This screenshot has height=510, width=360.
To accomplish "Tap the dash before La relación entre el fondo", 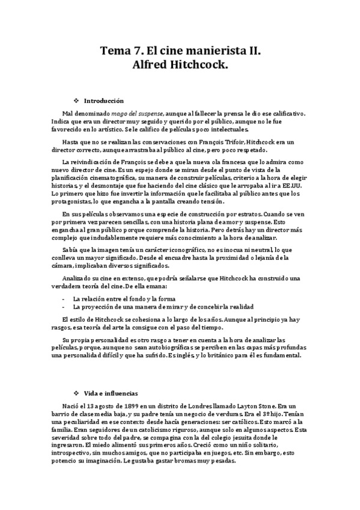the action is click(64, 298).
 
